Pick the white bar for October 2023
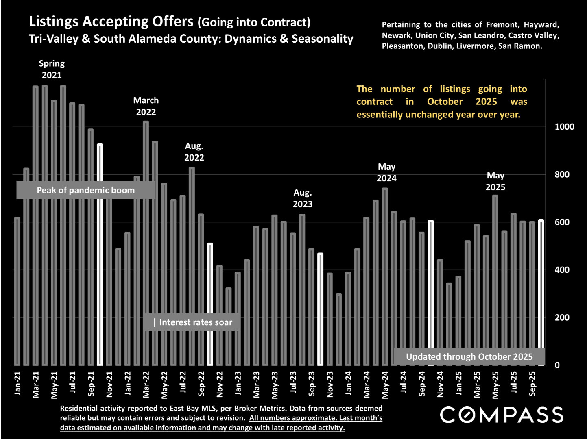[320, 309]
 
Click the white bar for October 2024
[431, 293]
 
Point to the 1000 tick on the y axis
[564, 127]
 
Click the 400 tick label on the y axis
[562, 270]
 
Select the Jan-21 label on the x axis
[17, 383]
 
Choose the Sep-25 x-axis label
[532, 383]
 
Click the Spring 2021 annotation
[52, 69]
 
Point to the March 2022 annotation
[146, 106]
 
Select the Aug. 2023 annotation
[303, 198]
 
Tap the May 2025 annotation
[495, 181]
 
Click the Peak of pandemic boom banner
[85, 190]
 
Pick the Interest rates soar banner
[191, 322]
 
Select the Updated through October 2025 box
[469, 356]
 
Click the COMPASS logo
[502, 415]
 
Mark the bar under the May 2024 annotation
[385, 276]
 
